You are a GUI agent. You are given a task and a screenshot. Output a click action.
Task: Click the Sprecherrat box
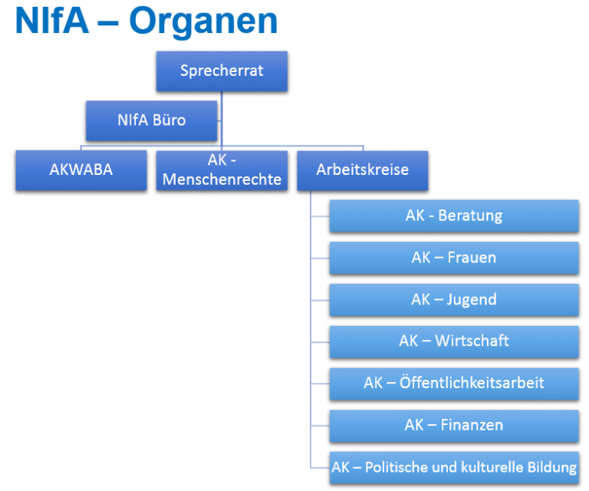point(222,71)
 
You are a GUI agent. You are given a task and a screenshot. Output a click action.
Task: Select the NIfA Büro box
point(151,120)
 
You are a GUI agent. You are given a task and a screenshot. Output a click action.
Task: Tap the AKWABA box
point(81,170)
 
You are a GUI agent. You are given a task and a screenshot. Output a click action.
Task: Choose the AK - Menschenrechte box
point(222,170)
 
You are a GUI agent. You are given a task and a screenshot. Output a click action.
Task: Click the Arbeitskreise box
point(363,170)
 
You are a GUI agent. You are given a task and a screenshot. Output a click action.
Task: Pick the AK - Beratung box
point(454,216)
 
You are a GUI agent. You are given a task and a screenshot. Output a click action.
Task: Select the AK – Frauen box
point(454,258)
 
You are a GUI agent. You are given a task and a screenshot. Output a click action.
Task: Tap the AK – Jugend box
point(454,300)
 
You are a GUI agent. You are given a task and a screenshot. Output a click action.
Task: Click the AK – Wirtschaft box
point(454,342)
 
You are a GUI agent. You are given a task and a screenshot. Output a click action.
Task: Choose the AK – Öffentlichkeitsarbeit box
point(454,384)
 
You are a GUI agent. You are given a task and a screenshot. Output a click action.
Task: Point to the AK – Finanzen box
point(454,426)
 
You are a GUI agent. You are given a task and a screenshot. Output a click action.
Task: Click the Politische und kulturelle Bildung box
point(454,468)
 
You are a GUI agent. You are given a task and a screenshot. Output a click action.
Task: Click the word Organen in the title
point(203,22)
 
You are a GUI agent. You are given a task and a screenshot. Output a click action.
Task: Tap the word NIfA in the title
point(52,20)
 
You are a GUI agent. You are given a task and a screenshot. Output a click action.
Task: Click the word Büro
point(169,120)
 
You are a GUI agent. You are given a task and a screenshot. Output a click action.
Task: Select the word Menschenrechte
point(222,180)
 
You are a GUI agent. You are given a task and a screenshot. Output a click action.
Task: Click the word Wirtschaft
point(472,341)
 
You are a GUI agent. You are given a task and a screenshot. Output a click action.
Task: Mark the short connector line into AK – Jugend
point(321,300)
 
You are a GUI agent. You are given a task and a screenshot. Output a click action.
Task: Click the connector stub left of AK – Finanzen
point(321,426)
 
